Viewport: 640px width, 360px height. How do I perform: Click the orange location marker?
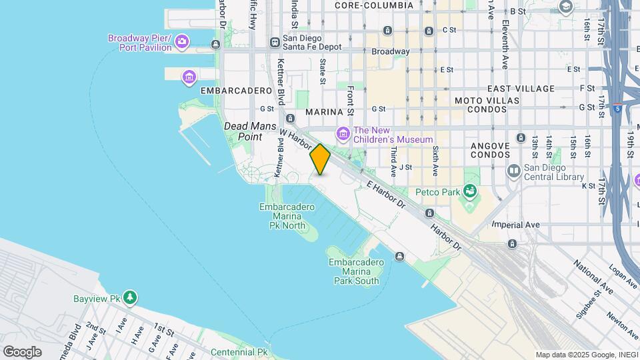(320, 159)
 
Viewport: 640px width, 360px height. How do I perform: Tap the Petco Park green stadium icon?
(471, 192)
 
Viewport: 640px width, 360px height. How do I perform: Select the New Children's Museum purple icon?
(343, 135)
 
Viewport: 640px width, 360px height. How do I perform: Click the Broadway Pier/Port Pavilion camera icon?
(182, 43)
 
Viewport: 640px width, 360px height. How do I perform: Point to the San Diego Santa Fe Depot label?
(311, 43)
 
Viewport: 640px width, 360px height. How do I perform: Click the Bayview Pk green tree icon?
(132, 297)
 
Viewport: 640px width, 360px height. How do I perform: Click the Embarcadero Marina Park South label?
(357, 271)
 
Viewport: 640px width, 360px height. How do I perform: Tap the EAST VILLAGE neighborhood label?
(521, 89)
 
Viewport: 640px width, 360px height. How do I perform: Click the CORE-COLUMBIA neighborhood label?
(370, 5)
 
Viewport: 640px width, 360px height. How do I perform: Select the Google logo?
(22, 351)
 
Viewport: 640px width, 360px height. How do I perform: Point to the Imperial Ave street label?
(516, 225)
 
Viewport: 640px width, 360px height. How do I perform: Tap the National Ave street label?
(593, 279)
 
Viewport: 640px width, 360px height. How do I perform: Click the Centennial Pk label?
(239, 351)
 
